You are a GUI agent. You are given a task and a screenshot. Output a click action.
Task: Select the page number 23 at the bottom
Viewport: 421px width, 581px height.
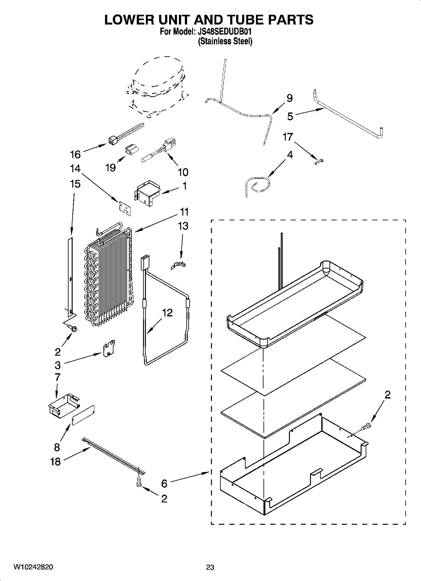210,567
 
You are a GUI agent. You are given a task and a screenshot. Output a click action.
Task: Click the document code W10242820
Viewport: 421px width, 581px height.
33,567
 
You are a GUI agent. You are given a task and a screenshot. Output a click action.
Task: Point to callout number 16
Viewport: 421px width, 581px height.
75,154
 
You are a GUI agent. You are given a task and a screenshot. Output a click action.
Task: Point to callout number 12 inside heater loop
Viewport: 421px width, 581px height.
167,313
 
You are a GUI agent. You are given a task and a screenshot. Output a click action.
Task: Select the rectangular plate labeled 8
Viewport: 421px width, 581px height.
83,415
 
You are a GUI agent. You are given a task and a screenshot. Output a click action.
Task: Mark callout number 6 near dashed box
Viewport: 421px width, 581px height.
164,483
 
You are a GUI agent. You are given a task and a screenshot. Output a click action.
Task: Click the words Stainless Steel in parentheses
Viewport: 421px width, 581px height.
225,41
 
